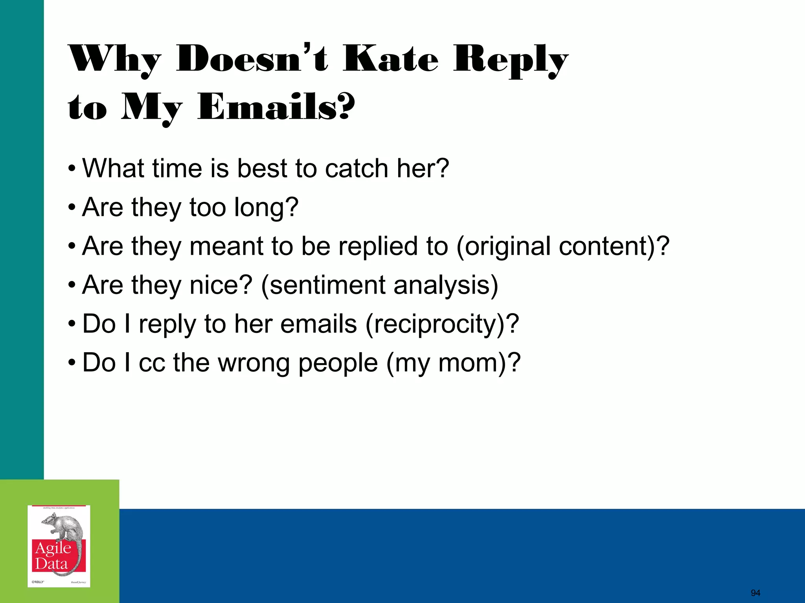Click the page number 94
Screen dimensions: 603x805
(755, 593)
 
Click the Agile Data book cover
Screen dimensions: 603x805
(59, 546)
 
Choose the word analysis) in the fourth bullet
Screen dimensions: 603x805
(446, 285)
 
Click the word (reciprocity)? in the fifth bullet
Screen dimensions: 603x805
(442, 324)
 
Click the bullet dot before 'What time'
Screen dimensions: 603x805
(71, 169)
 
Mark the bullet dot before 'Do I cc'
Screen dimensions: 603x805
(71, 363)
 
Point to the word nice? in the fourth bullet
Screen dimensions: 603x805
(221, 285)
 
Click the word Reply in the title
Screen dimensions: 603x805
(511, 60)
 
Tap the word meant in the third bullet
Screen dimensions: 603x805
(226, 246)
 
